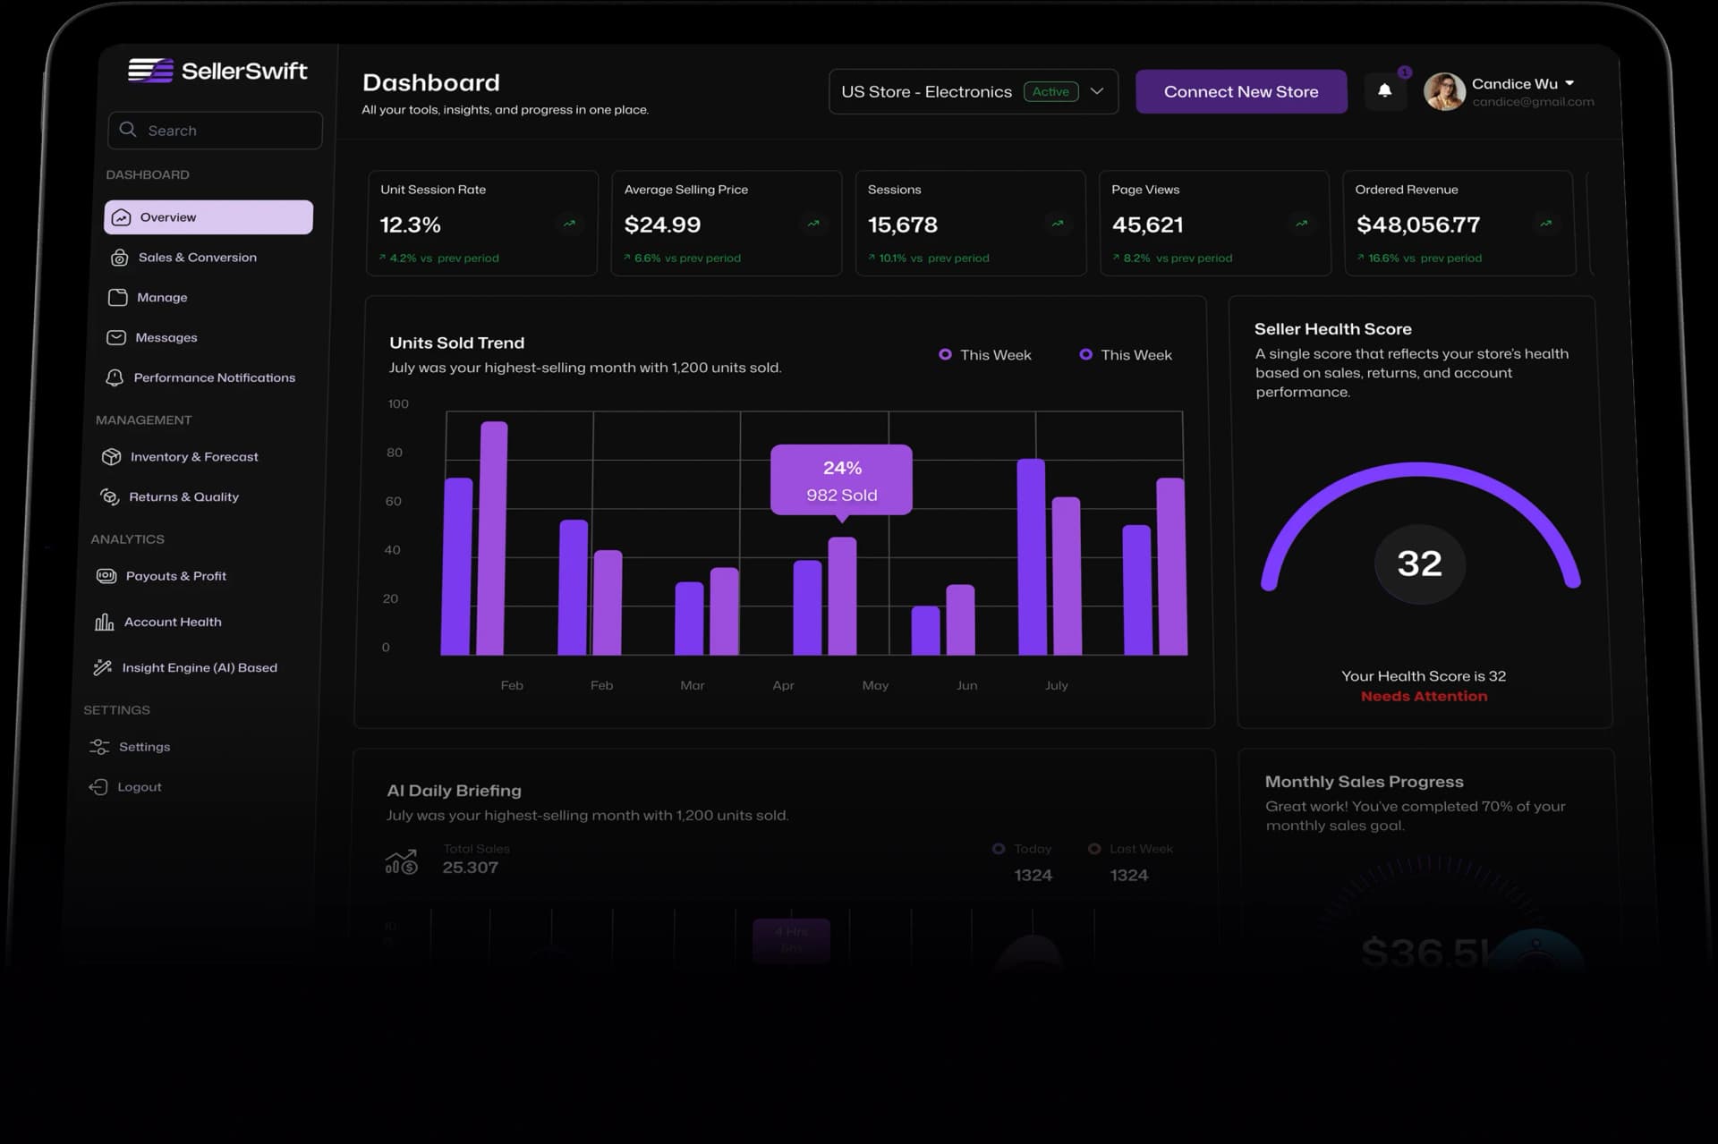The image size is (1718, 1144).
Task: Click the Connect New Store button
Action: coord(1240,91)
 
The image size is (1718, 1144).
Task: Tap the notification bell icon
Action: coord(1384,90)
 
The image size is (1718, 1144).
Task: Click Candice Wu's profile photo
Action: coord(1443,91)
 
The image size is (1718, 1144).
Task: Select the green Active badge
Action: coord(1050,91)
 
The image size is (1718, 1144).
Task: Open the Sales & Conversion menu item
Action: coord(197,258)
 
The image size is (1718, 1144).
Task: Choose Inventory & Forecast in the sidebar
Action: coord(193,457)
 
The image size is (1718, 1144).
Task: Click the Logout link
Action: coord(139,787)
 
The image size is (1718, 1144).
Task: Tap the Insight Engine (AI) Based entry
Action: coord(199,668)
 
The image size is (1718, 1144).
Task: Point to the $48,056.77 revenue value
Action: coord(1417,225)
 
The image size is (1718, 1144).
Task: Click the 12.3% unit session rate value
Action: coord(410,225)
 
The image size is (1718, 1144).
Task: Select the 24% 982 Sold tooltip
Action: coord(841,480)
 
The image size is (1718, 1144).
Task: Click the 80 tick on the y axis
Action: coord(394,453)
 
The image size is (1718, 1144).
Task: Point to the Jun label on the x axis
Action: coord(966,685)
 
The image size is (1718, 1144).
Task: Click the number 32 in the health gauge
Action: coord(1419,564)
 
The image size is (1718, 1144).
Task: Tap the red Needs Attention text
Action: coord(1424,696)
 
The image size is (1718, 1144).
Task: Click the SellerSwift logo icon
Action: coord(150,71)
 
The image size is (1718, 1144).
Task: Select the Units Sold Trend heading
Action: coord(456,343)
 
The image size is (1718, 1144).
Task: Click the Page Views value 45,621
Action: coord(1147,225)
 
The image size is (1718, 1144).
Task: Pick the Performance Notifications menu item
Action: coord(214,377)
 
